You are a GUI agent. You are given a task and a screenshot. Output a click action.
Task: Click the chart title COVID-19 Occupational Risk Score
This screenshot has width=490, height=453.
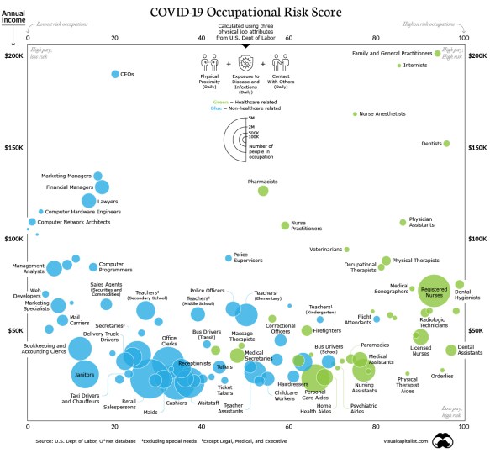coord(245,13)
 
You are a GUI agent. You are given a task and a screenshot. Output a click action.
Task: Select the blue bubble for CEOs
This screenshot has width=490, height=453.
coord(115,75)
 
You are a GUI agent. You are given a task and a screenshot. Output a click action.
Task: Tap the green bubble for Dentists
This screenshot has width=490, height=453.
coord(446,144)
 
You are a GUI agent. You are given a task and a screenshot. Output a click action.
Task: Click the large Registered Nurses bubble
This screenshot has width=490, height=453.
coord(435,290)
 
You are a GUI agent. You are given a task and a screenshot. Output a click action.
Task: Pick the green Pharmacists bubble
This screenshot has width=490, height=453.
coord(263,191)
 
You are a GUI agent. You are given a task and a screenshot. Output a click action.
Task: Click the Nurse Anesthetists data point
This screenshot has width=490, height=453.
coord(356,113)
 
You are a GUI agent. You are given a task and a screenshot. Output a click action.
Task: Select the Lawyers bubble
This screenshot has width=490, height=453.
coord(88,200)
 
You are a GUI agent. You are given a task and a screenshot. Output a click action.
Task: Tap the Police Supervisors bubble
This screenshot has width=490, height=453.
coord(228,258)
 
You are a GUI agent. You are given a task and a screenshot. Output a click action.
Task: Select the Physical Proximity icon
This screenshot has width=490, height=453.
coord(209,63)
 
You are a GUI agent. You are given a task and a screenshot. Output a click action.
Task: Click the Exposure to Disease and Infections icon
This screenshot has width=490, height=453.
coord(245,63)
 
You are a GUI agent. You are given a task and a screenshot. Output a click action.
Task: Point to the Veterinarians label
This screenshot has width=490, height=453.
coord(326,250)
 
